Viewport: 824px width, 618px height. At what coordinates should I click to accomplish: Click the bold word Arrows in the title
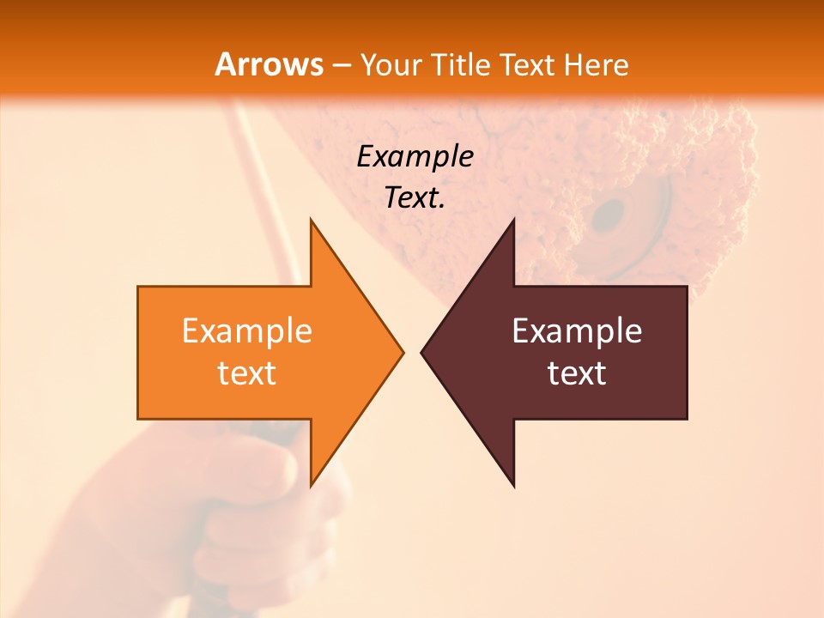(x=270, y=65)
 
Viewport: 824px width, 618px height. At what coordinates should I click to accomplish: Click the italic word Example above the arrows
(x=415, y=156)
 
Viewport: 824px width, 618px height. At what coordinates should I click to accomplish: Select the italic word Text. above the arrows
(x=415, y=198)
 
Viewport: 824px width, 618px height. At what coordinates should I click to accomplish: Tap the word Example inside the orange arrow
(x=247, y=331)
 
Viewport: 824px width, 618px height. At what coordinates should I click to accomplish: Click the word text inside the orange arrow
(x=247, y=373)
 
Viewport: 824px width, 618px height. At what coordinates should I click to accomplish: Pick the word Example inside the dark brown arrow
(x=577, y=331)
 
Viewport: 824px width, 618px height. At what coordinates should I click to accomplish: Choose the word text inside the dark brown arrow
(x=577, y=373)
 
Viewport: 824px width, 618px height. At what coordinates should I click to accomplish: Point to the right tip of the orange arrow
(x=403, y=352)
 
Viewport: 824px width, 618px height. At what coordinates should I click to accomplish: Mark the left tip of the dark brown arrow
(x=421, y=352)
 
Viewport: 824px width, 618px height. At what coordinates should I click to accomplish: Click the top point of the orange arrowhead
(x=311, y=220)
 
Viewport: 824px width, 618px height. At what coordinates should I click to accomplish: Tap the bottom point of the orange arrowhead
(x=311, y=486)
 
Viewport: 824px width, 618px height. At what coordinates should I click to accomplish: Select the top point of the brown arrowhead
(x=513, y=220)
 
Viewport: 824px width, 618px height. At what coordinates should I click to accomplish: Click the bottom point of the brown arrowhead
(x=513, y=486)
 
